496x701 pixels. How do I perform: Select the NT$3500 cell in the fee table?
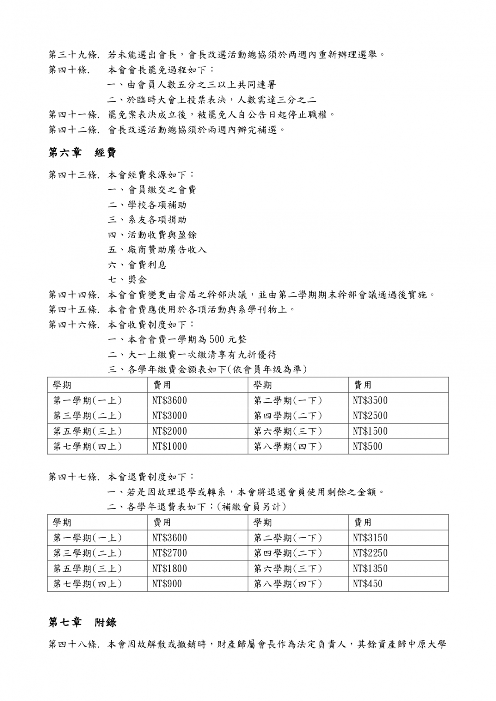[370, 401]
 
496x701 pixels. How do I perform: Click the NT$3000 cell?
[170, 415]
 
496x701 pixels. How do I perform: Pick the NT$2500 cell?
[370, 415]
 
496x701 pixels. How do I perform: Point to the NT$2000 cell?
[170, 431]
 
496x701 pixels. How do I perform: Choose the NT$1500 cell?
[370, 431]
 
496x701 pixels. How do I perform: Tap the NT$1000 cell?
[170, 446]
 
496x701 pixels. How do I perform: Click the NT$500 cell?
[368, 446]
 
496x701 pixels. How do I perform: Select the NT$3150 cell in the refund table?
[370, 538]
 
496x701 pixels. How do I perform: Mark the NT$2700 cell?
[170, 553]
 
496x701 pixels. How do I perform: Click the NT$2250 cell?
[370, 553]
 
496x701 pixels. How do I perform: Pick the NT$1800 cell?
[170, 568]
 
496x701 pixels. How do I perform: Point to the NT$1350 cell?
[370, 568]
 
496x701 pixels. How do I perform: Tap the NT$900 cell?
[167, 583]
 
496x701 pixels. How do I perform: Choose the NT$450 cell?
[368, 583]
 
